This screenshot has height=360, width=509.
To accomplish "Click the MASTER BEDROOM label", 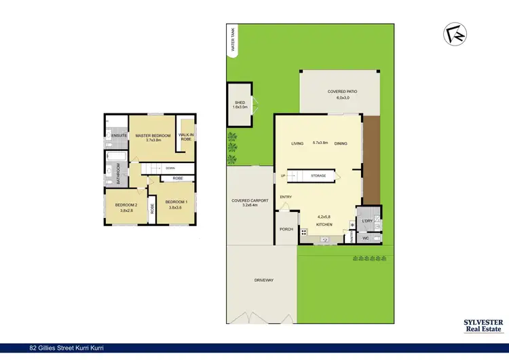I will [x=153, y=136].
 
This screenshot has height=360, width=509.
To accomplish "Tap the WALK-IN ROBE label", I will [x=186, y=137].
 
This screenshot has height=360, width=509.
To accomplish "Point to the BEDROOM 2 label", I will [x=126, y=205].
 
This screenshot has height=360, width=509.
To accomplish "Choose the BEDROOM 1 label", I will [x=176, y=202].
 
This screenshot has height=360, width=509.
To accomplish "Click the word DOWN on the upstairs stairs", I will [x=170, y=168].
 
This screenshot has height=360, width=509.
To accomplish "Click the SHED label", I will [x=240, y=103].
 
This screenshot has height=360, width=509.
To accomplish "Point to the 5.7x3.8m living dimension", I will [x=320, y=143].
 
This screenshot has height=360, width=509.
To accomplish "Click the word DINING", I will [x=341, y=143].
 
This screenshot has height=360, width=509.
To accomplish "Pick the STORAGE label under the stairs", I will [x=319, y=176].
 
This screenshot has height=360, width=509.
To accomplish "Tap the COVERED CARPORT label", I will [x=250, y=200].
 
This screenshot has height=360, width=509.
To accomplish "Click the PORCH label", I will [x=286, y=229].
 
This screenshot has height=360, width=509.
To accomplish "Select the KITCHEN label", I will [x=324, y=223].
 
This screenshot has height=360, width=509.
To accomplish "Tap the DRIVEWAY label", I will [x=264, y=280].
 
